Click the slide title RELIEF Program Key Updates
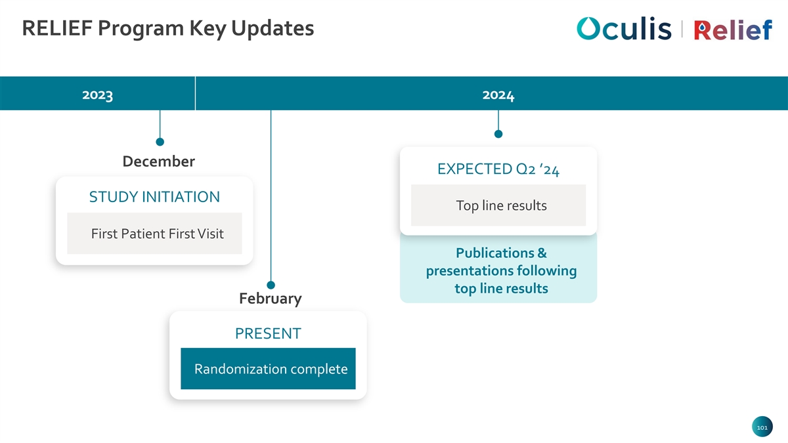click(168, 28)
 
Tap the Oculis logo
click(624, 28)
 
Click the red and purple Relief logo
click(733, 30)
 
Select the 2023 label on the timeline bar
click(97, 95)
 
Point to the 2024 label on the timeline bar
click(498, 95)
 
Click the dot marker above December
click(160, 142)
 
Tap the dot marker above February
click(271, 285)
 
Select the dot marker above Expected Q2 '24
click(498, 134)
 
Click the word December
click(159, 161)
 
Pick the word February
click(270, 299)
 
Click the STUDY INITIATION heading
click(154, 197)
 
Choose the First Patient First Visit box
click(154, 234)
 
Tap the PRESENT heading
click(268, 333)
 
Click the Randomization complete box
click(268, 368)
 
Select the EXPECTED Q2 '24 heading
click(498, 169)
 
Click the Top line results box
click(498, 205)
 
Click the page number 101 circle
click(762, 427)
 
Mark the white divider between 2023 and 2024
click(195, 93)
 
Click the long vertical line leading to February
click(271, 196)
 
